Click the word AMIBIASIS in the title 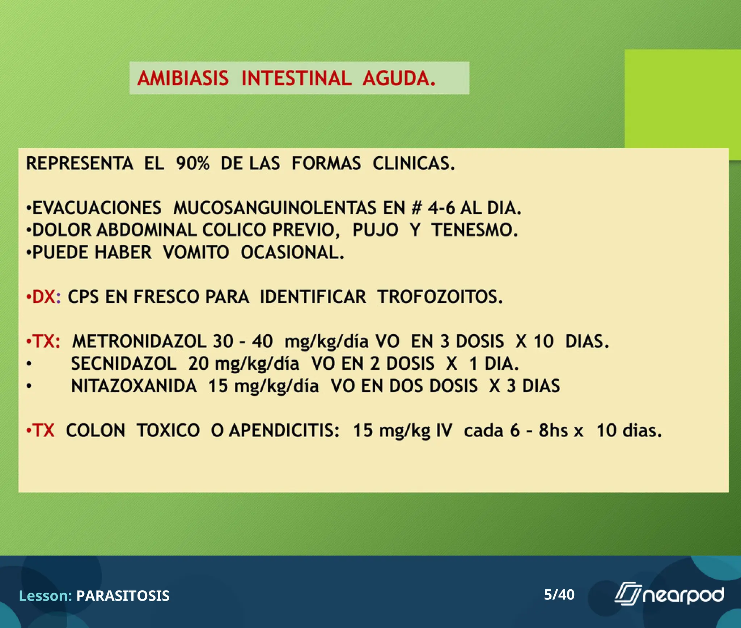click(x=183, y=78)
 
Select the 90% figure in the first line click(x=192, y=164)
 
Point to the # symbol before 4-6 click(x=416, y=208)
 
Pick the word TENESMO click(x=474, y=230)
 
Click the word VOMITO click(x=196, y=253)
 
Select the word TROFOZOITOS click(x=440, y=297)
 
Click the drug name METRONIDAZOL click(x=139, y=341)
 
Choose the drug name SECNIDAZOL click(x=123, y=364)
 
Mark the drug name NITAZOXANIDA click(x=134, y=386)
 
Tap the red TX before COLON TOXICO click(x=43, y=430)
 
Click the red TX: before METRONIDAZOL click(x=46, y=341)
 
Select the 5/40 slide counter click(x=559, y=594)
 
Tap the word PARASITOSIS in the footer click(x=123, y=596)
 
